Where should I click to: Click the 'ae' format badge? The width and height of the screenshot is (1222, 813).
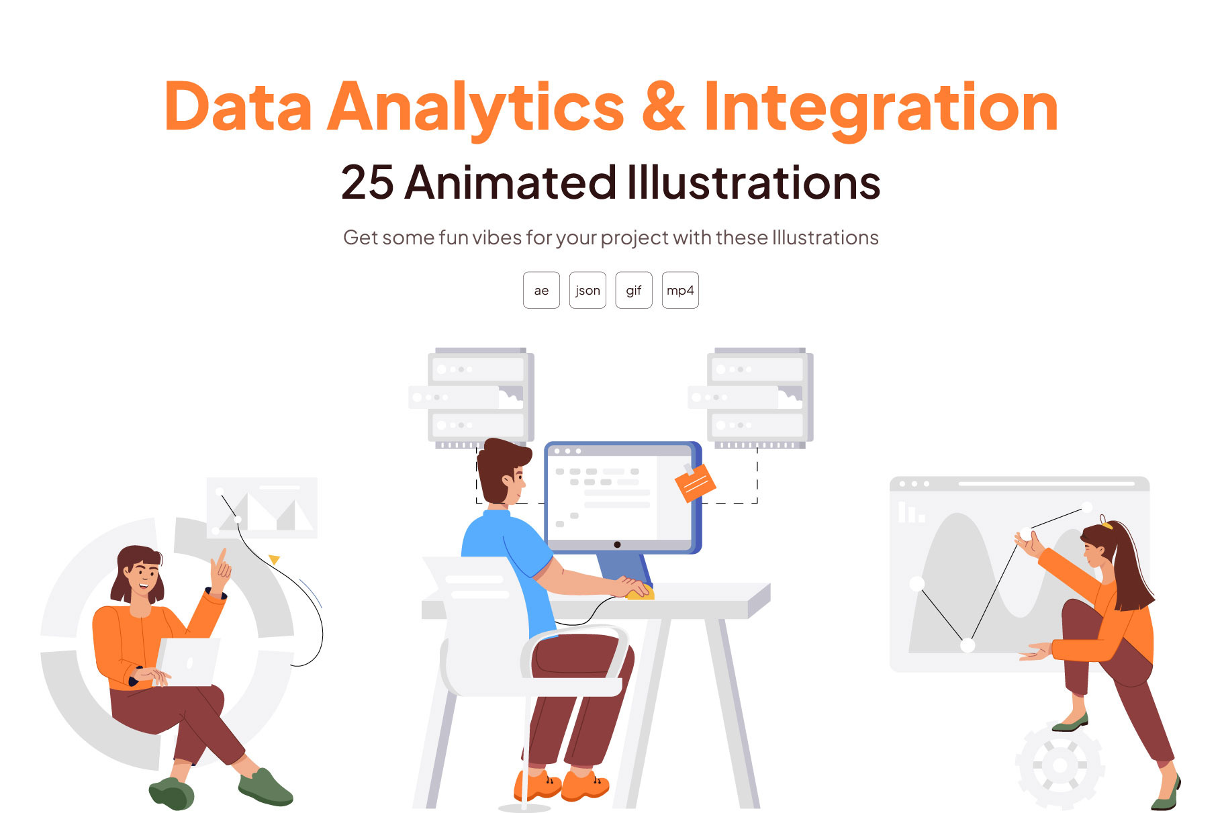[541, 290]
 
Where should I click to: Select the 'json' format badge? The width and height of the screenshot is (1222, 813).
[587, 290]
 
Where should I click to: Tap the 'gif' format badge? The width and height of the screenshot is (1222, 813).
[634, 290]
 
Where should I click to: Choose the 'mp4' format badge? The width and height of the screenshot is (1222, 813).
[680, 290]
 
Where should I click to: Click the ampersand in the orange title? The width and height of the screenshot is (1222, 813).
[664, 107]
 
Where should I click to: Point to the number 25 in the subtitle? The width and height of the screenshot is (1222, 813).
[367, 183]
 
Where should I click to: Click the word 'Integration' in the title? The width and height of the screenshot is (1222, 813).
[881, 109]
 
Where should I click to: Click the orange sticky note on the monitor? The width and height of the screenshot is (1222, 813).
[695, 482]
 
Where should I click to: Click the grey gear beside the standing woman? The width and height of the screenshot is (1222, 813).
[1060, 766]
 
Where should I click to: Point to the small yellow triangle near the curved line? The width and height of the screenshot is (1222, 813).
[274, 559]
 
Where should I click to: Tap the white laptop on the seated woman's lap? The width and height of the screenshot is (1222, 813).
[187, 662]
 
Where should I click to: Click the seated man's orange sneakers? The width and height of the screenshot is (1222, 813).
[561, 785]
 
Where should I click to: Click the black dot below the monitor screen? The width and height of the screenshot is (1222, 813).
[617, 544]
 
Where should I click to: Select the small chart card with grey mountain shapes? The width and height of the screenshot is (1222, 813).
[262, 508]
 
